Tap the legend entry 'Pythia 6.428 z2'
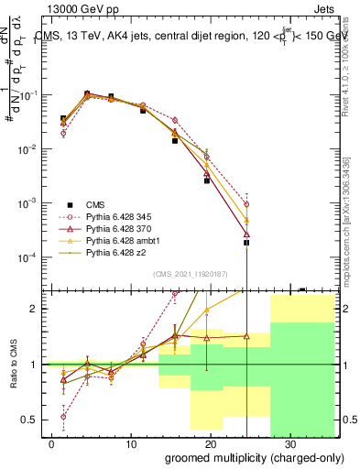pos(119,251)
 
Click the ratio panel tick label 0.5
pos(32,420)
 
